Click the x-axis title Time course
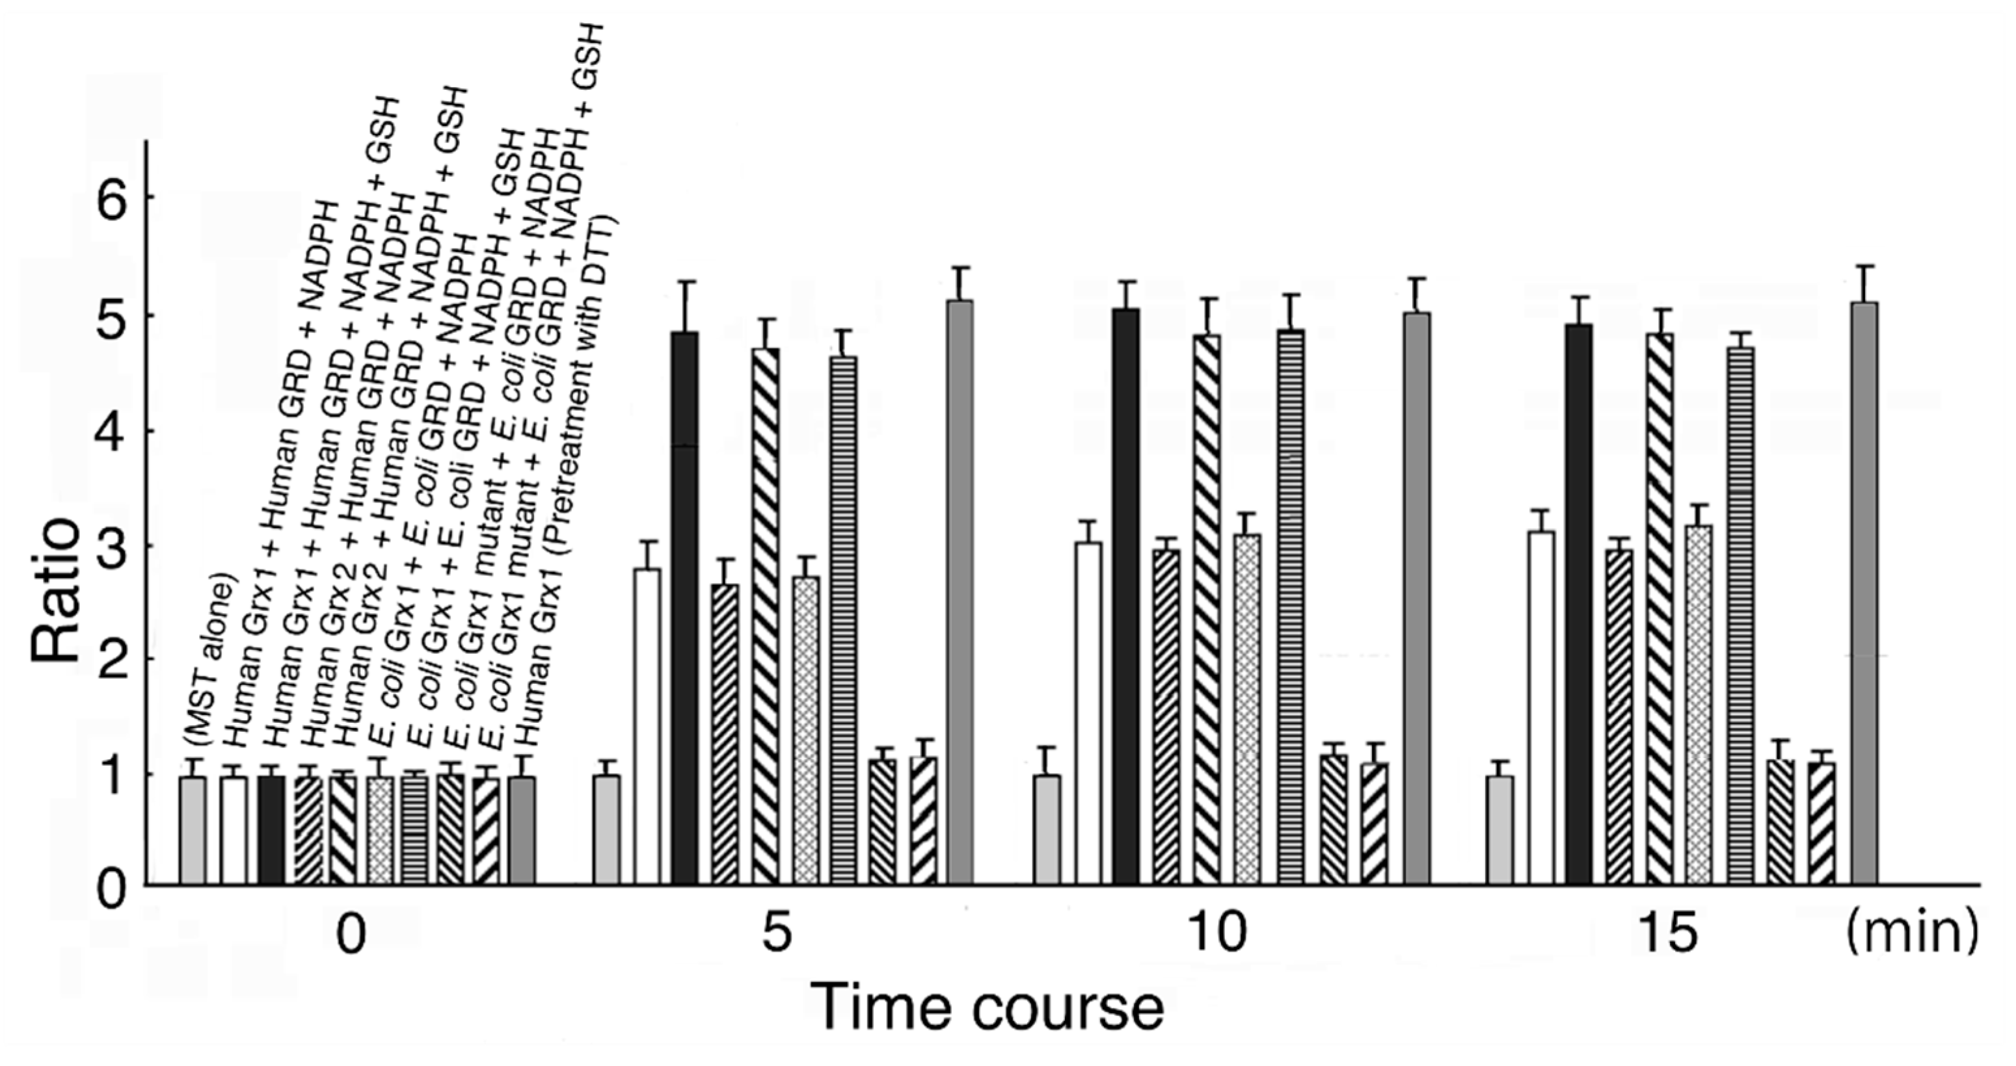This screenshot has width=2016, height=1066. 988,1008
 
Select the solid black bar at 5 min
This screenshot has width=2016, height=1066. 685,610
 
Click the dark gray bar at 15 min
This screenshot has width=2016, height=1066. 1864,594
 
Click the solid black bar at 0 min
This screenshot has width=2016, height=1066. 271,831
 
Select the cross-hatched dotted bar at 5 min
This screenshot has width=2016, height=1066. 806,731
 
